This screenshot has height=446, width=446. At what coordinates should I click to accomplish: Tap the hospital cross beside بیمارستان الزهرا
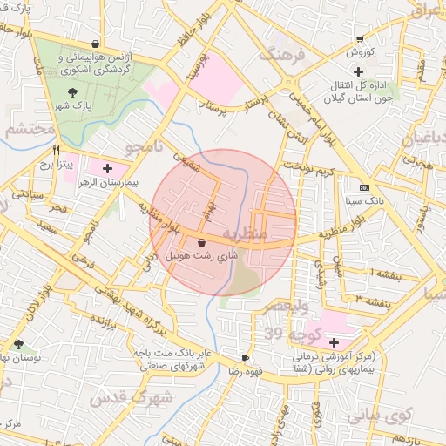tap(107, 168)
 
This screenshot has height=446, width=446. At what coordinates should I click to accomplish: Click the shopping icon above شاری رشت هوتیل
tap(202, 243)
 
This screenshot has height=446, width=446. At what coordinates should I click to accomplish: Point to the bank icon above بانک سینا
tap(363, 187)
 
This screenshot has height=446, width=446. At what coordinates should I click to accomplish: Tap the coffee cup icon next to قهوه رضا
tap(245, 358)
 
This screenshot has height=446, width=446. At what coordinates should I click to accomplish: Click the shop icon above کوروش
tap(360, 39)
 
